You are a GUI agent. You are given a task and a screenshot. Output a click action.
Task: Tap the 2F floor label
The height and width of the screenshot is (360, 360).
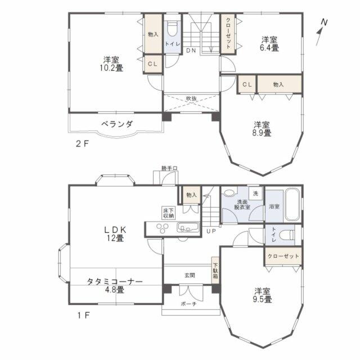tap(82, 144)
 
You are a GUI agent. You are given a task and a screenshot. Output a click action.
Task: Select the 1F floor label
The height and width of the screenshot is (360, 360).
tap(83, 315)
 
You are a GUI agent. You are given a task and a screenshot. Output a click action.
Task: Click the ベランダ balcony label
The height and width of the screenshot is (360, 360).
tap(117, 124)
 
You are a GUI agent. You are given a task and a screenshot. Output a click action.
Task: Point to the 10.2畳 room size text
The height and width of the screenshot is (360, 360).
tap(111, 68)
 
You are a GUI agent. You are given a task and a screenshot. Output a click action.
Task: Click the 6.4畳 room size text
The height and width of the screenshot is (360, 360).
tap(269, 48)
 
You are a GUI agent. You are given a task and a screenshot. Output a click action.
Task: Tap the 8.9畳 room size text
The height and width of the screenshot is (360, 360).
tap(262, 133)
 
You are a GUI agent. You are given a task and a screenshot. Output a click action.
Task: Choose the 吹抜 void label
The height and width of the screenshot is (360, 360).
tap(191, 98)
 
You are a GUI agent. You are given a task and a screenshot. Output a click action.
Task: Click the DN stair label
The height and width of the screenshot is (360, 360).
tap(191, 51)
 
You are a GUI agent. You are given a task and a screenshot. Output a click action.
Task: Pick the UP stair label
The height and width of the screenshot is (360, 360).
tap(211, 231)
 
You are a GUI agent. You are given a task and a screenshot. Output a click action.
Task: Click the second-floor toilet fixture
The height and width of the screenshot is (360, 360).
tap(172, 29)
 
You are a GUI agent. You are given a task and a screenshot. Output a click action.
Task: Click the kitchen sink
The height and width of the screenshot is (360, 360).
tap(187, 227)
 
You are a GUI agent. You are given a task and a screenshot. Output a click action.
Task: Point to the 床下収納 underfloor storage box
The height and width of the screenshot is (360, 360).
tap(168, 213)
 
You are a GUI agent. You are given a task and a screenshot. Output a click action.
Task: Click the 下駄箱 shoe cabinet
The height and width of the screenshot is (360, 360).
tap(215, 270)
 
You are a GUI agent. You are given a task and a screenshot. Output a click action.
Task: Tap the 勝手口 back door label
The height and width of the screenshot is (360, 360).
tap(169, 168)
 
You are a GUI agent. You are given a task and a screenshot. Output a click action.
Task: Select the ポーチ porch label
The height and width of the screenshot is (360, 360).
tap(188, 304)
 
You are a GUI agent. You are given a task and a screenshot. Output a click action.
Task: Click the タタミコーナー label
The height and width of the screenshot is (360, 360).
tap(115, 281)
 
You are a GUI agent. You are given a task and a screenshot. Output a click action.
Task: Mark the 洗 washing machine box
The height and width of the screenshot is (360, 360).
tap(255, 193)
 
